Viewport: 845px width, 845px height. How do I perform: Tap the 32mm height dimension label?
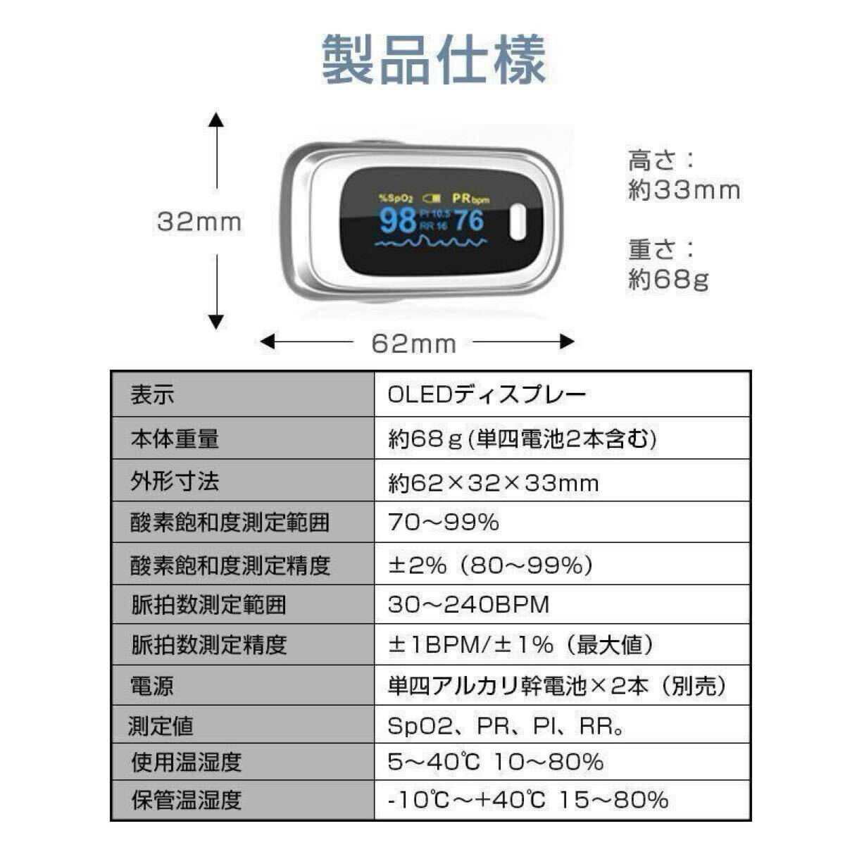coord(199,222)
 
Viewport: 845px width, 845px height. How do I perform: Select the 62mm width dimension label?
coord(414,344)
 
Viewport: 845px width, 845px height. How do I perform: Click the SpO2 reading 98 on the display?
coord(398,220)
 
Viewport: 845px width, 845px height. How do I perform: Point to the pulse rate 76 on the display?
coord(468,220)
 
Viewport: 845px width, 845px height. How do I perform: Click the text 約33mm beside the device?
coord(684,190)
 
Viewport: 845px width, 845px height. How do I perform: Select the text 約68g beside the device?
coord(668,280)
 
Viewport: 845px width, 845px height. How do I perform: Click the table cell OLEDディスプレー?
coord(487,394)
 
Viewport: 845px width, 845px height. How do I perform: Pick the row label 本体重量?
coord(175,439)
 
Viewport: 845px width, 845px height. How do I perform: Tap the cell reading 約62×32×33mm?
coord(494,483)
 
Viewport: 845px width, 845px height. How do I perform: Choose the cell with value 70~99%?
coord(444,522)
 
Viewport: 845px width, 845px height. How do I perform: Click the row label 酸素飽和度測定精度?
coord(230,565)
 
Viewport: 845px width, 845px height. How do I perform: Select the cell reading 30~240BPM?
coord(468,605)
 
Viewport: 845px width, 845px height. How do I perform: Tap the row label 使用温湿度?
coord(187,762)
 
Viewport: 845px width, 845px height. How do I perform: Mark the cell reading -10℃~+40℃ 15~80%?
coord(528,800)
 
